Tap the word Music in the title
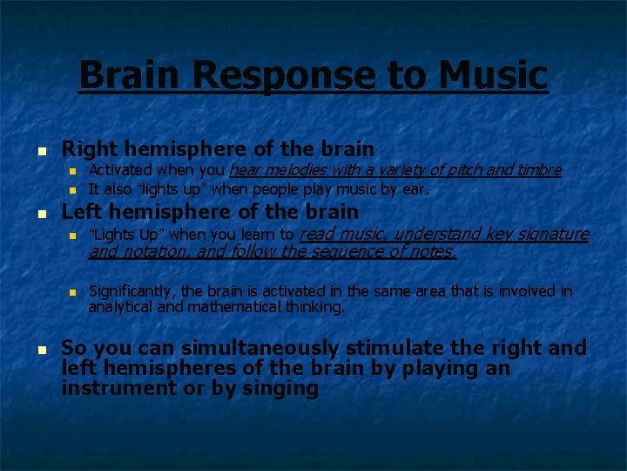point(494,75)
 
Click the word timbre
point(536,169)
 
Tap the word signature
point(553,234)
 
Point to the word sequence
point(320,252)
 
